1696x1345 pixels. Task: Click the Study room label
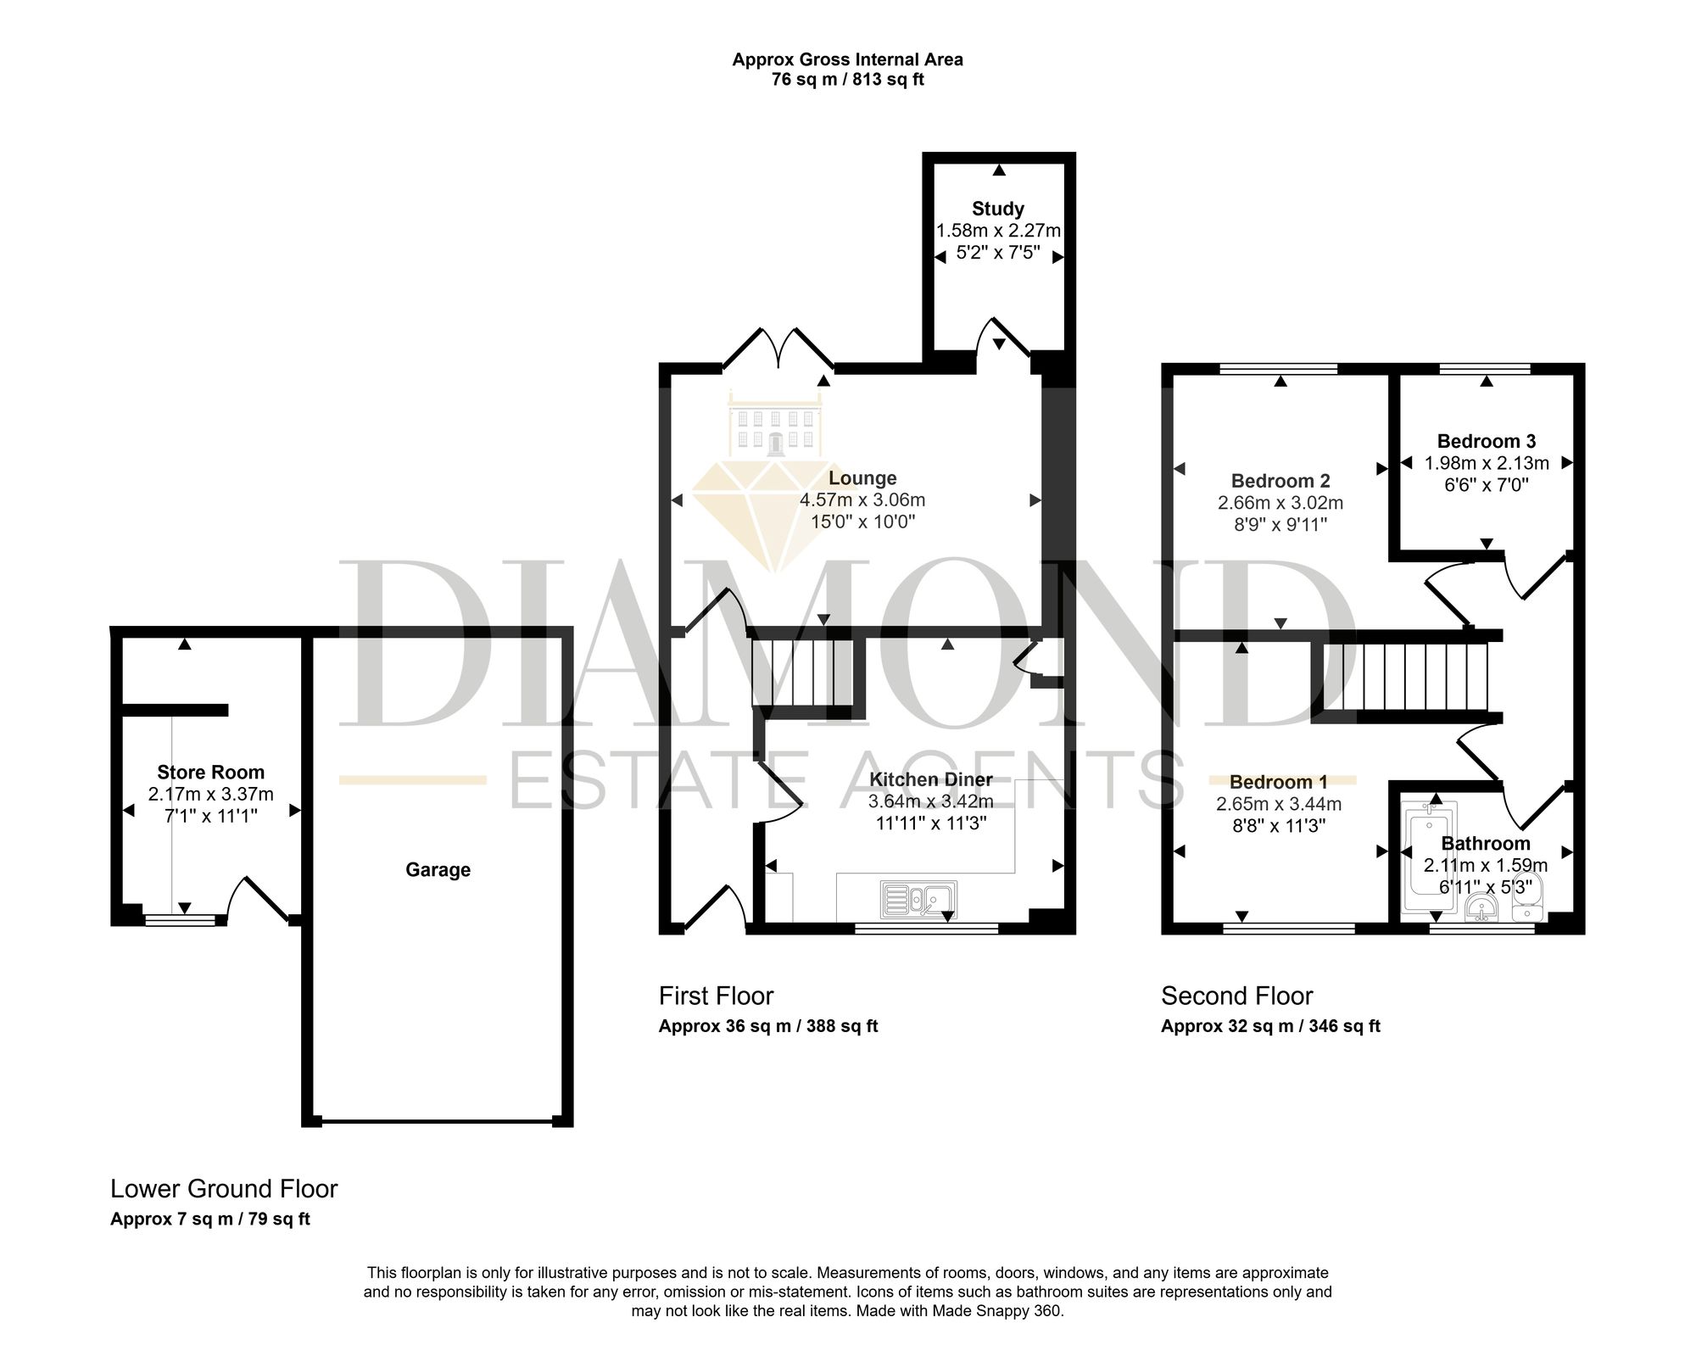998,209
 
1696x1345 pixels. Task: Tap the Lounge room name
862,478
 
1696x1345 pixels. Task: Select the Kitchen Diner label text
930,779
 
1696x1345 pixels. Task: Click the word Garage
438,869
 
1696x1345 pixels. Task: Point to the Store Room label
210,772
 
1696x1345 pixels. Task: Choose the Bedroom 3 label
1487,441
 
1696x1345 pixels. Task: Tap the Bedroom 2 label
1280,481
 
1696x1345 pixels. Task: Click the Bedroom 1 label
1279,782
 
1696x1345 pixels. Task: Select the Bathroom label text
1486,843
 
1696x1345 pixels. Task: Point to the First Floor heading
717,996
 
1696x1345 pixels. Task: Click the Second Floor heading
1237,996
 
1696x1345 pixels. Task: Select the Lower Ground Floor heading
224,1189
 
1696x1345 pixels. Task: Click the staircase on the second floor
1414,677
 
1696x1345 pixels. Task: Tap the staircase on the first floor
802,672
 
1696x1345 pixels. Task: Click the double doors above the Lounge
778,349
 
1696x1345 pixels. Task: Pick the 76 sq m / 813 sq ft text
847,81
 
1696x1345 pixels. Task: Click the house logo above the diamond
776,426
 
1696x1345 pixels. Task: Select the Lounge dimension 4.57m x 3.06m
862,500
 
